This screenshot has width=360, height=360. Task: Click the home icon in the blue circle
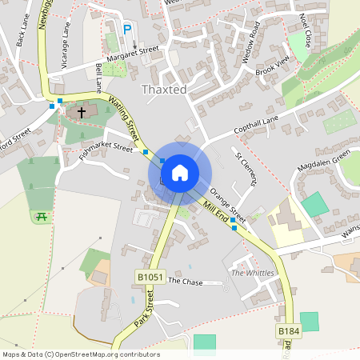[180, 172]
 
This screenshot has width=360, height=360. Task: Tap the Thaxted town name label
[163, 90]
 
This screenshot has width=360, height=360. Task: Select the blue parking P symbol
[126, 30]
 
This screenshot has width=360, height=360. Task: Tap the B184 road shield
[288, 330]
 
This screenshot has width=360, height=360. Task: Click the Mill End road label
[215, 211]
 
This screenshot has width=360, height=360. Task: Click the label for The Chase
[186, 282]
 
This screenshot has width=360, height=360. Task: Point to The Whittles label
[252, 273]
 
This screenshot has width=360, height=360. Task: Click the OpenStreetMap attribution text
[81, 354]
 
